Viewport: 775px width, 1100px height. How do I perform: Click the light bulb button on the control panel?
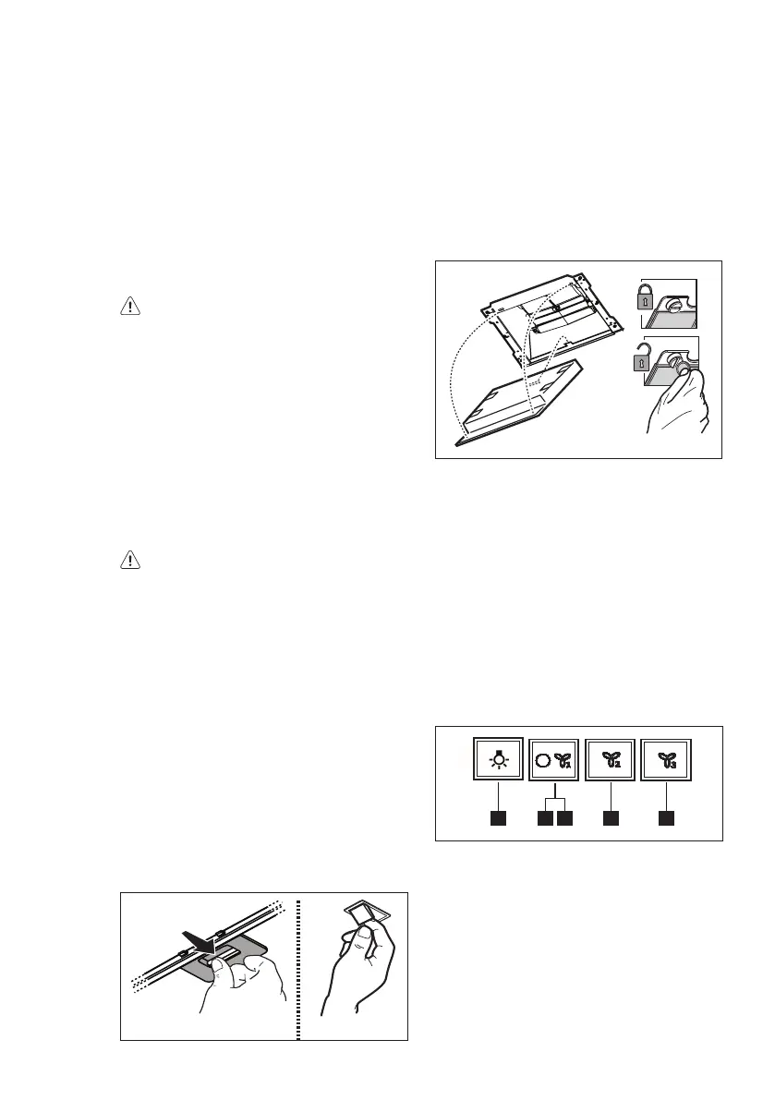(x=499, y=760)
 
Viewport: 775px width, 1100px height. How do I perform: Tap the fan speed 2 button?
(x=611, y=760)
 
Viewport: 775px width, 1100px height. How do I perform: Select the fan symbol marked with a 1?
(x=563, y=761)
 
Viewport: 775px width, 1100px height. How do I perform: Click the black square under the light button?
(x=499, y=817)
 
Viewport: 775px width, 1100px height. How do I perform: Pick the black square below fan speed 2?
(x=611, y=817)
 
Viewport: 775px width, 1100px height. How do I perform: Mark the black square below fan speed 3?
(x=667, y=817)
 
